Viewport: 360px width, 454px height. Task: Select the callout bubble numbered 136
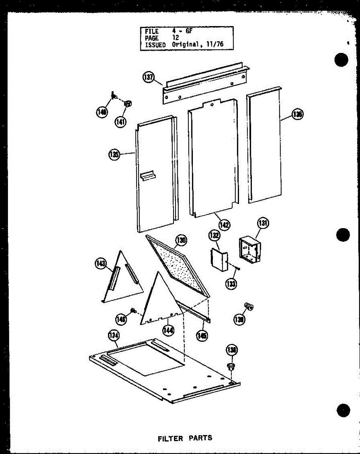pyautogui.click(x=298, y=114)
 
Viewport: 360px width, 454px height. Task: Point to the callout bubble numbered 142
pyautogui.click(x=224, y=224)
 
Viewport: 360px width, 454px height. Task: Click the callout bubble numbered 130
pyautogui.click(x=181, y=240)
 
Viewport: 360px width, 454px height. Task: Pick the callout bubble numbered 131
pyautogui.click(x=262, y=224)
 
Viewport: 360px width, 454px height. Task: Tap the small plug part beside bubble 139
pyautogui.click(x=248, y=305)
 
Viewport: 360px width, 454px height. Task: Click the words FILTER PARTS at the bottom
pyautogui.click(x=185, y=438)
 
